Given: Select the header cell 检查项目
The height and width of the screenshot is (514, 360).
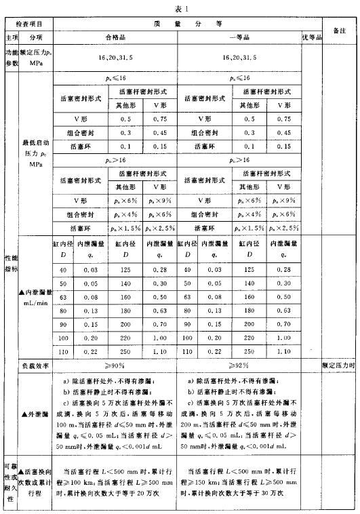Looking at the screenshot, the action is (x=27, y=22).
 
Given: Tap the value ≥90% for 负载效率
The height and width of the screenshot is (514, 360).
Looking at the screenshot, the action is (x=115, y=366).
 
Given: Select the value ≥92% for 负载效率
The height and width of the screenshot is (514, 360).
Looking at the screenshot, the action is (x=239, y=366).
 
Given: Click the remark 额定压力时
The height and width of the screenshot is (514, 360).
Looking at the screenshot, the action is (x=339, y=366).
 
